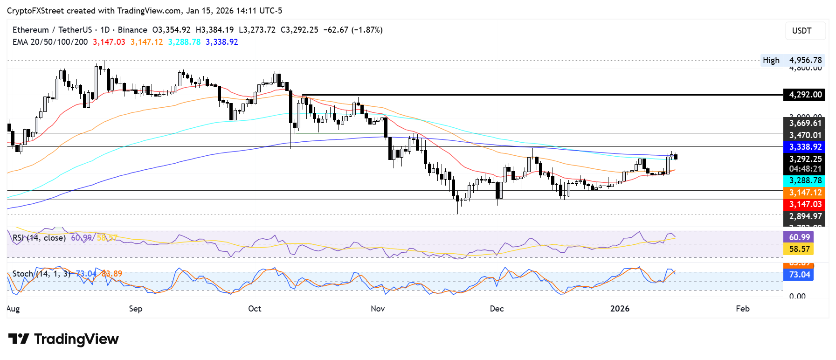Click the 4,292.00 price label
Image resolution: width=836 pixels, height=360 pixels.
[805, 95]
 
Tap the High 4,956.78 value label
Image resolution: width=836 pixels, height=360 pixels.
[805, 60]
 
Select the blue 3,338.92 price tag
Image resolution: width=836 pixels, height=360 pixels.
[805, 147]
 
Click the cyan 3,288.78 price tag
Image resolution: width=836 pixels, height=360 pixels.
[805, 180]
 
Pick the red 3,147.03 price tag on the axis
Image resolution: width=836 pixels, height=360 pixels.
[805, 204]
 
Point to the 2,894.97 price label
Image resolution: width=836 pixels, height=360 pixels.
[805, 216]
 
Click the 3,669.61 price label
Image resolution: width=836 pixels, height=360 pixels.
[805, 123]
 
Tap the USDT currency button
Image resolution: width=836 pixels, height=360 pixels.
[801, 31]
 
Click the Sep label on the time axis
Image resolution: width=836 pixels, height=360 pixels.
[136, 309]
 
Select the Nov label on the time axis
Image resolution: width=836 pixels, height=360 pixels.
[378, 309]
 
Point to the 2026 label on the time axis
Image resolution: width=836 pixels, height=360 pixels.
[620, 309]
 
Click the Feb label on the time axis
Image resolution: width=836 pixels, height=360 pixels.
[742, 309]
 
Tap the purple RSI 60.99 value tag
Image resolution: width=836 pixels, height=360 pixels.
[799, 237]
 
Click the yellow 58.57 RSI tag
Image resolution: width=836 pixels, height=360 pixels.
[799, 249]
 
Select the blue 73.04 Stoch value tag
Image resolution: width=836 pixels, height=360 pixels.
[799, 275]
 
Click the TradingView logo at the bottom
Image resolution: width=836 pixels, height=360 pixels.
[63, 339]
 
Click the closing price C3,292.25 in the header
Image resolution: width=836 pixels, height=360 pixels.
[299, 30]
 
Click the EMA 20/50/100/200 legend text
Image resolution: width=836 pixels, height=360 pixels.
[50, 42]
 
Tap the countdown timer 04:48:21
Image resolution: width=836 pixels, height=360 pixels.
[805, 169]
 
